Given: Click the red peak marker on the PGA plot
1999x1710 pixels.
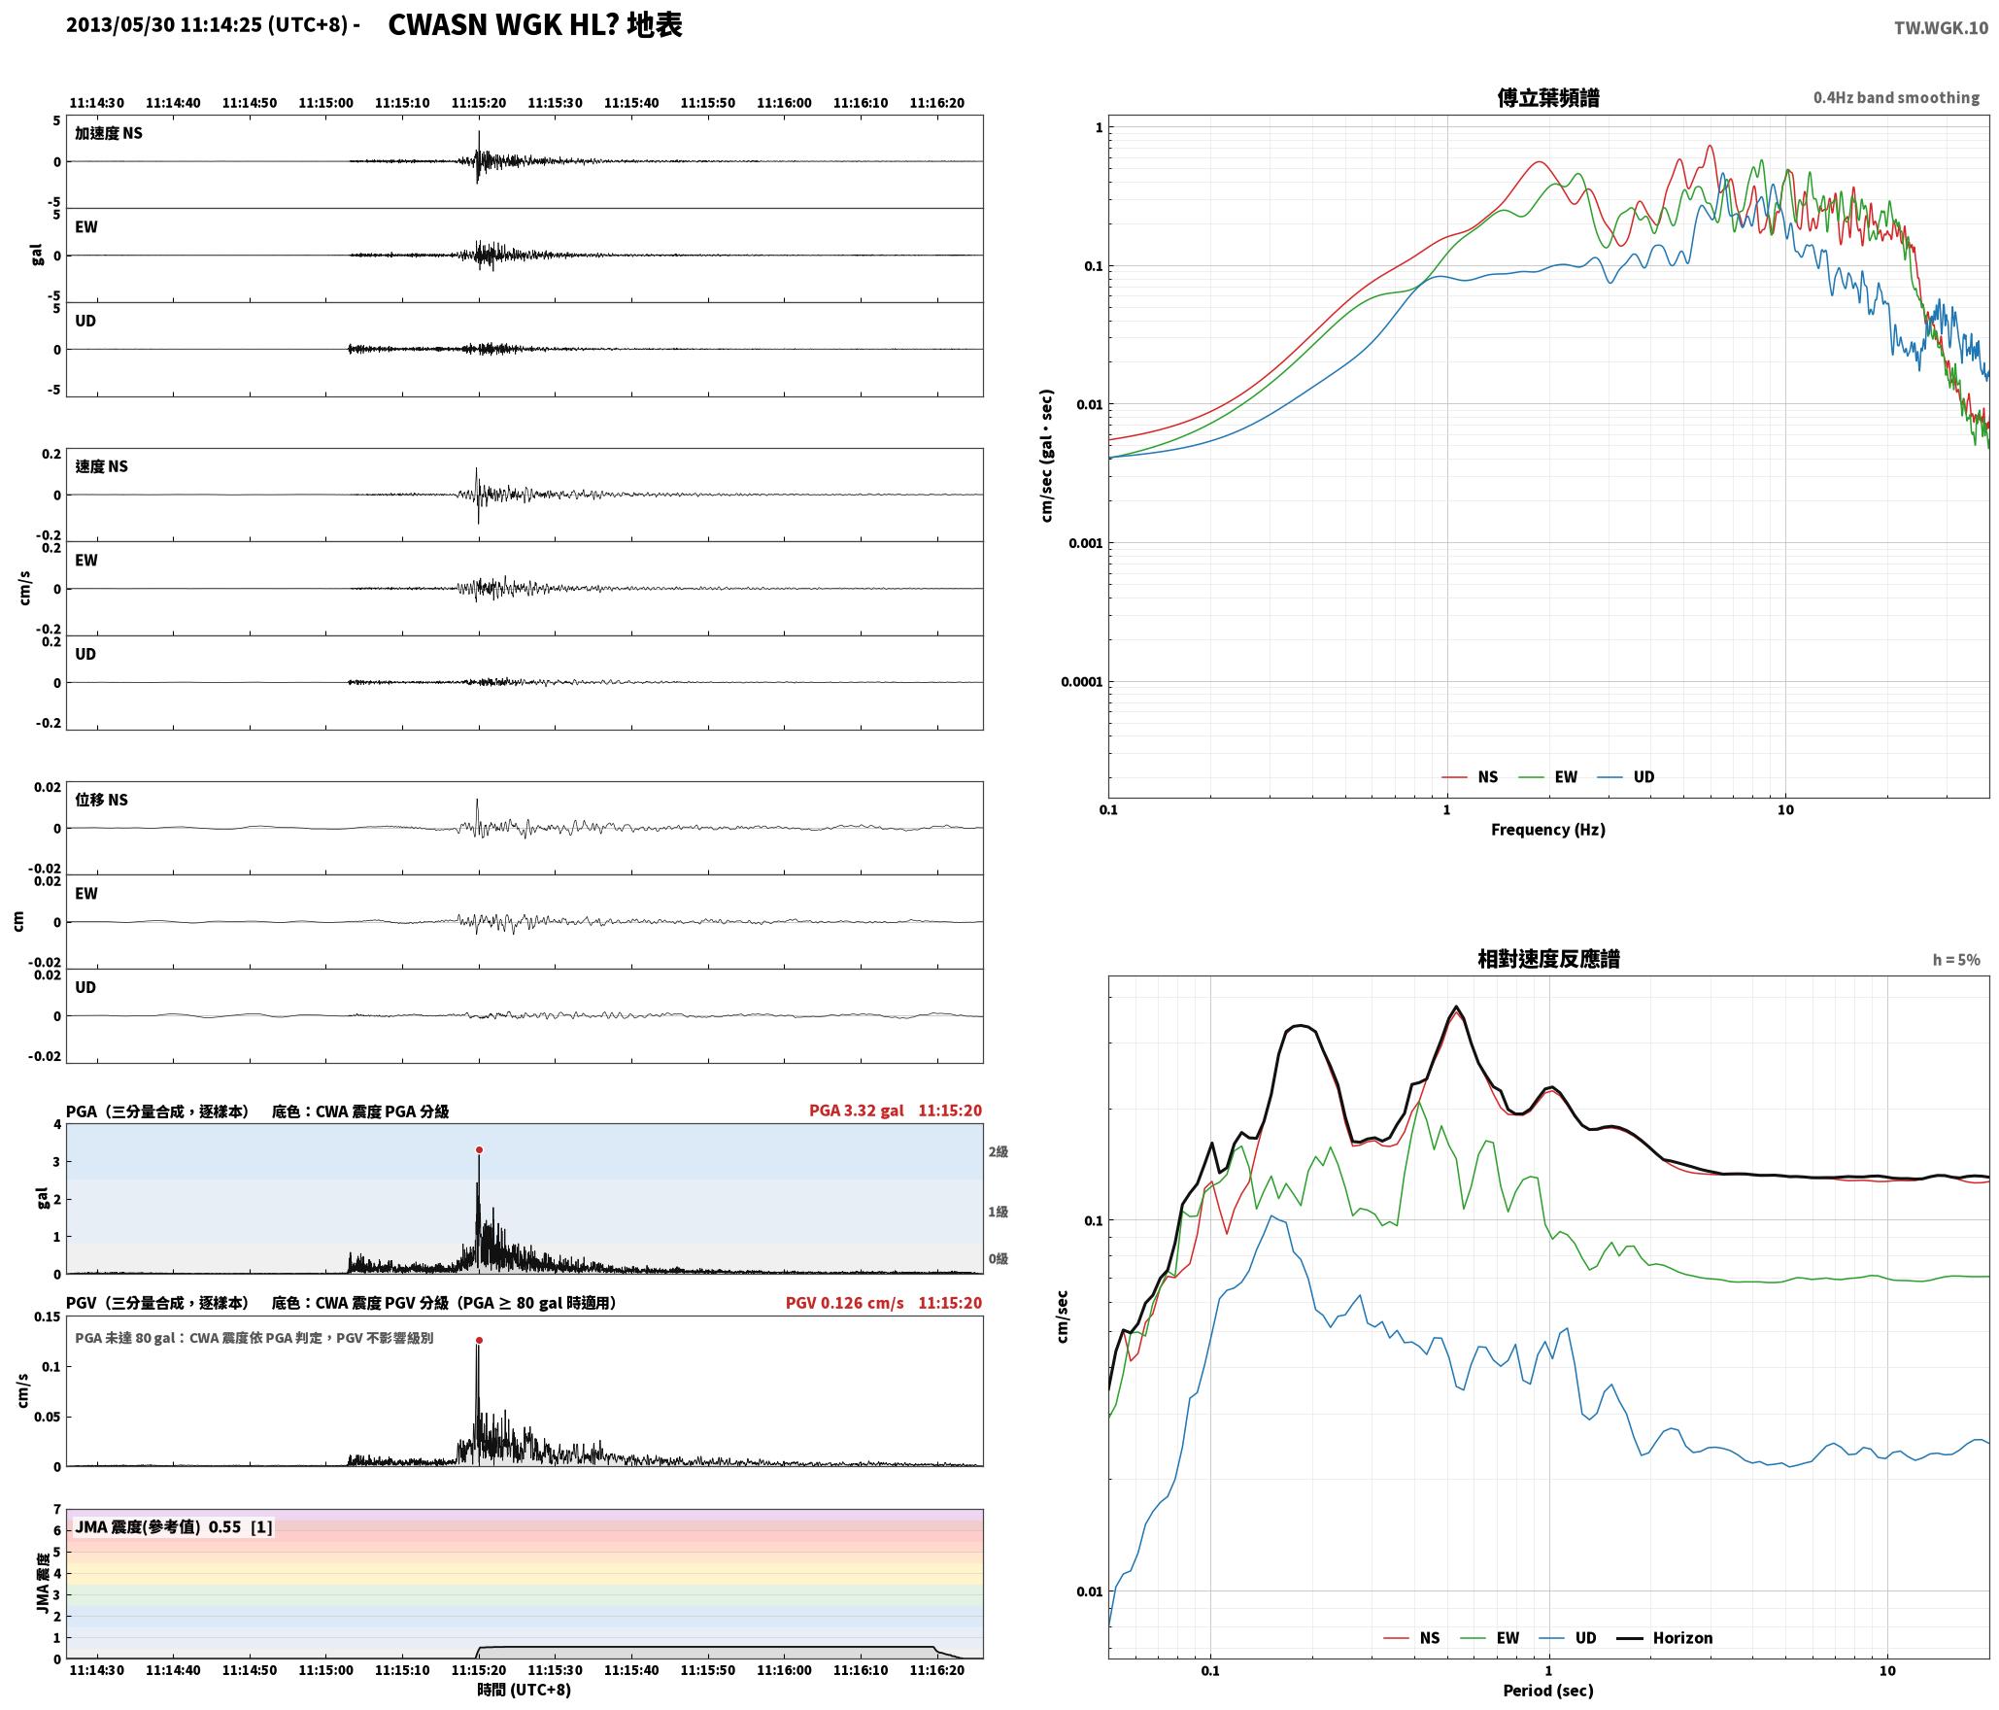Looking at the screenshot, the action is pos(479,1150).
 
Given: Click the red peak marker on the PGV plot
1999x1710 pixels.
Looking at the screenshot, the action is pos(479,1341).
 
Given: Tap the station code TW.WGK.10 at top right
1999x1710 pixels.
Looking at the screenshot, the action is pos(1941,28).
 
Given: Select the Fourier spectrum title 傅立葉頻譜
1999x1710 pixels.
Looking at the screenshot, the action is pos(1548,98).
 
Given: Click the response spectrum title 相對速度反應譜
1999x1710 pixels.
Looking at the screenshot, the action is pos(1548,959).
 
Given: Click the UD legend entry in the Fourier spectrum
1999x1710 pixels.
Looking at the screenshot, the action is pos(1626,777).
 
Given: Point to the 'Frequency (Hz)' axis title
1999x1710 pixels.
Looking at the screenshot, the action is pos(1548,830).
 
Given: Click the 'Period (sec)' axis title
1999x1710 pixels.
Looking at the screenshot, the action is pos(1548,1691).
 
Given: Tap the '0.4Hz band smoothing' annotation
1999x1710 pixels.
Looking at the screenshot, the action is pos(1896,98).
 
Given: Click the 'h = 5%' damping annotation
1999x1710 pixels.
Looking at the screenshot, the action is pos(1956,960).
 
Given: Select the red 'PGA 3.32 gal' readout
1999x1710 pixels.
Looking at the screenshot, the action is pos(856,1111).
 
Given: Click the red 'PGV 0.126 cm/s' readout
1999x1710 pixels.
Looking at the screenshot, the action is pos(844,1303).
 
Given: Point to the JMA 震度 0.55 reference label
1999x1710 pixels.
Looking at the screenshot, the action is pos(174,1527).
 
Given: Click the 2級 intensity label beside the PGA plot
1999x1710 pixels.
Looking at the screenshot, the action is pos(998,1152).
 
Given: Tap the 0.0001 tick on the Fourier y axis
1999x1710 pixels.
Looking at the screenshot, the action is pos(1081,682).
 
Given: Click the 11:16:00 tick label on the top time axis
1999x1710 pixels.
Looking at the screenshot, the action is pos(784,103).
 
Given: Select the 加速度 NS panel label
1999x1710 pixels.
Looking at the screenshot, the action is pos(109,133).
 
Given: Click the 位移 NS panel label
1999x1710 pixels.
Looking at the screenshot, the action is pos(102,800).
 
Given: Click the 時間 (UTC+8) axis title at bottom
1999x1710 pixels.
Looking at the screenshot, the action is pos(524,1690).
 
